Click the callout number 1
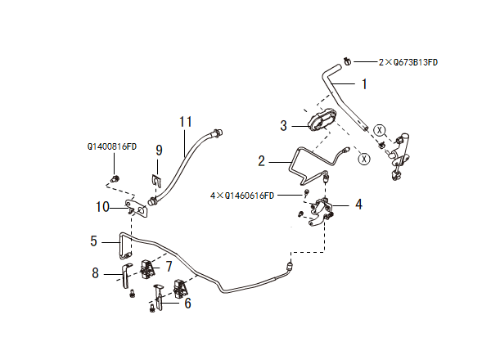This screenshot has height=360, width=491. click(x=364, y=83)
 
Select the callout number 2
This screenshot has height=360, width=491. click(x=262, y=161)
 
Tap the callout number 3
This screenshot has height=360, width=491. click(x=283, y=126)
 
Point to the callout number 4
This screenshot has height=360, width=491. click(x=358, y=205)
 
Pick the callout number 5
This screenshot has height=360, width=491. click(x=95, y=241)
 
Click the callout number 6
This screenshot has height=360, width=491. click(x=187, y=303)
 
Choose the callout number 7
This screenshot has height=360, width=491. click(x=169, y=266)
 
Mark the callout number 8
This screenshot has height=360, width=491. click(x=95, y=272)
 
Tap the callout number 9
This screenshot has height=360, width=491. click(x=160, y=150)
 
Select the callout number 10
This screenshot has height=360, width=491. click(x=102, y=206)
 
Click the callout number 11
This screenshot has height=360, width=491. click(x=186, y=122)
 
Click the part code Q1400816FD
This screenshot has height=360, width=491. click(x=112, y=147)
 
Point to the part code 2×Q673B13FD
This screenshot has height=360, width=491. click(x=408, y=61)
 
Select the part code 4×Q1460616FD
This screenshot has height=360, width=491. click(x=242, y=196)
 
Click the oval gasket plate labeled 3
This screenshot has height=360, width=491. click(x=322, y=121)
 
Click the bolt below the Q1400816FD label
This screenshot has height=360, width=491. click(x=115, y=178)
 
